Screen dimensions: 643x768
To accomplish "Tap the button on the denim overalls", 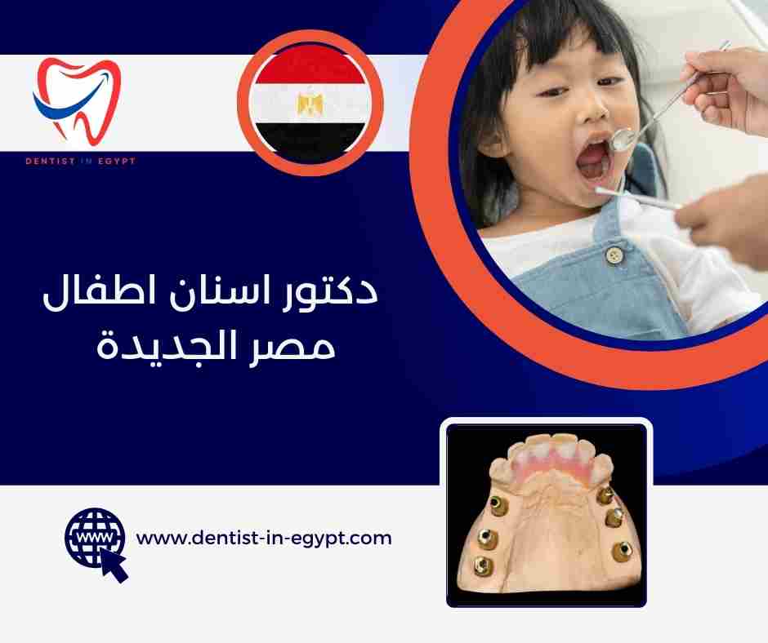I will pyautogui.click(x=614, y=255).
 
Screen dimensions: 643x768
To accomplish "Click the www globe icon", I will pyautogui.click(x=91, y=536).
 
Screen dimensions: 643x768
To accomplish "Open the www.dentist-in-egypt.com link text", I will pyautogui.click(x=264, y=539).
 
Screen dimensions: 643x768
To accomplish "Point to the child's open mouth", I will pyautogui.click(x=596, y=163).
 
